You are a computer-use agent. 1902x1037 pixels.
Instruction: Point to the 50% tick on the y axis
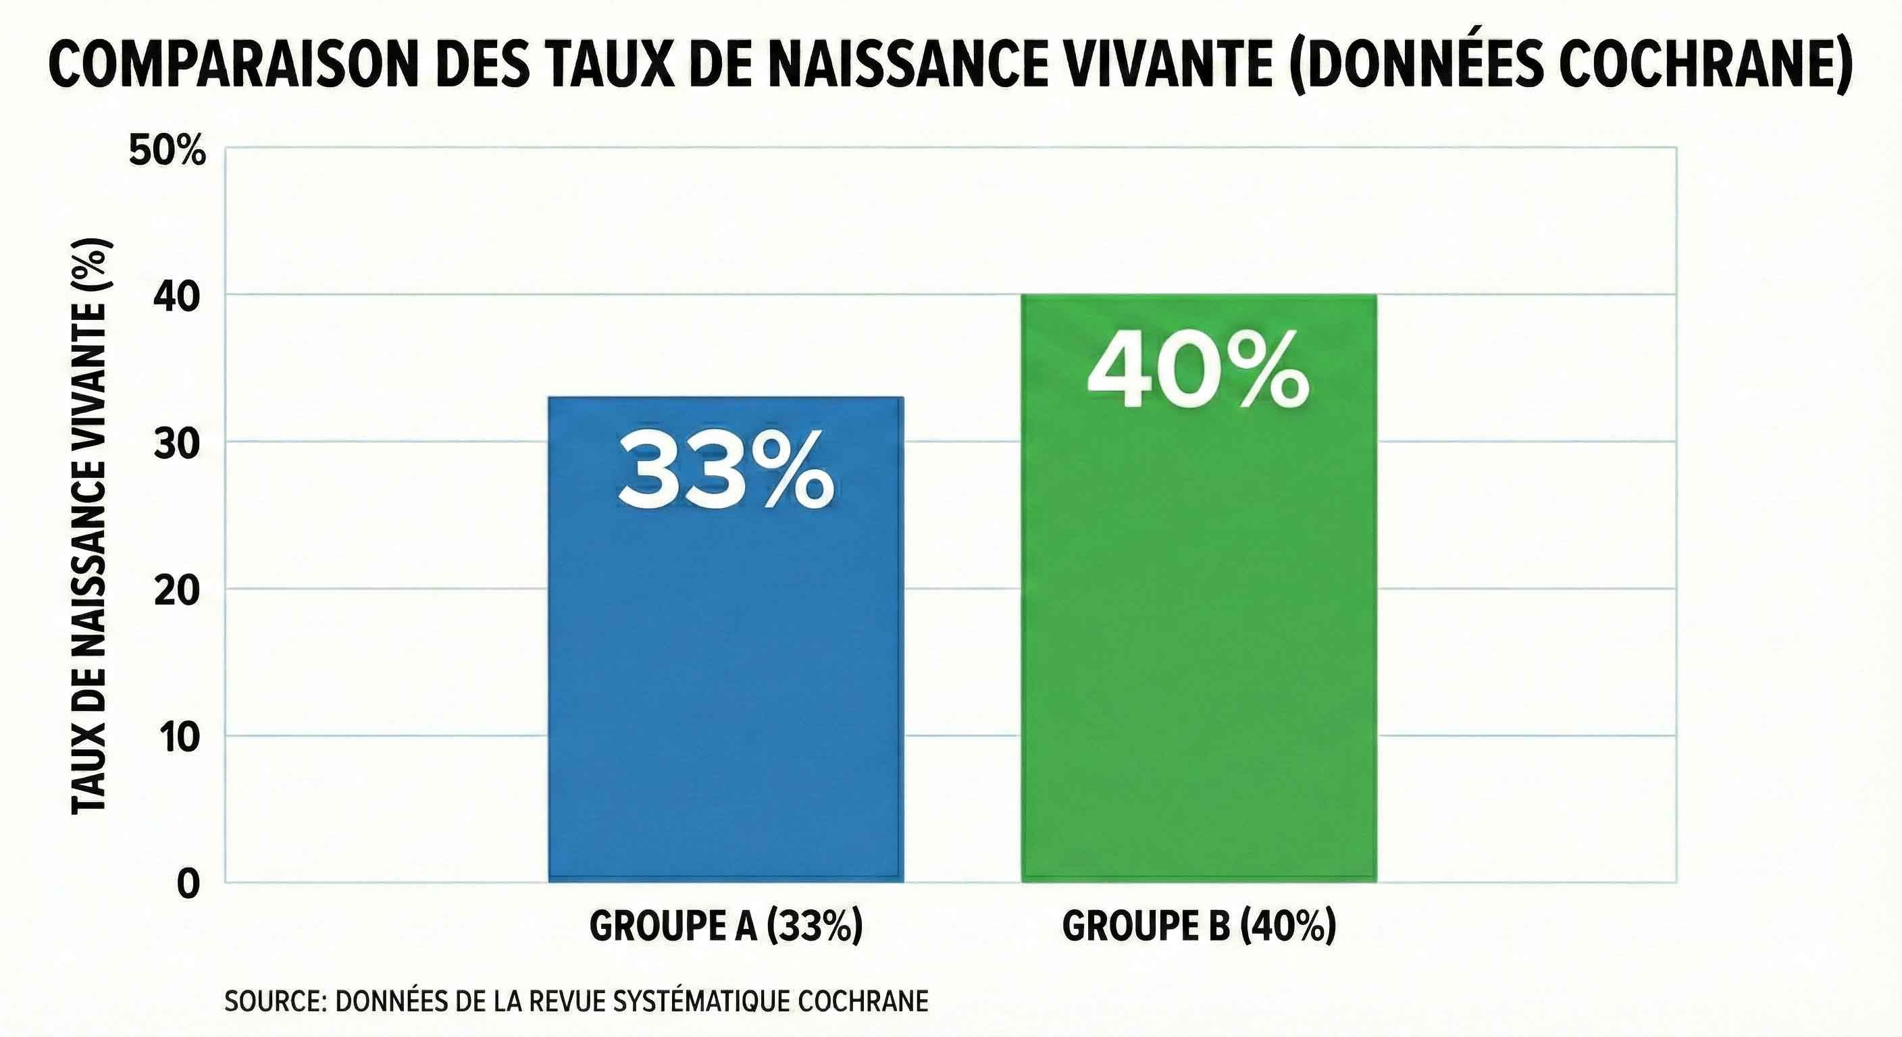click(167, 151)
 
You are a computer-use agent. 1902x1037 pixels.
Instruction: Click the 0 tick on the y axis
click(189, 884)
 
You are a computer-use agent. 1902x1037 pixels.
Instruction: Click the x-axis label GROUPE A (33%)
click(726, 926)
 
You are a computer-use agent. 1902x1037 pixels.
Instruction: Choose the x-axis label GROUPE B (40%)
click(1199, 926)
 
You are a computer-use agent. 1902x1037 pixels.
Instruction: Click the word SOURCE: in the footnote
click(276, 1002)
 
